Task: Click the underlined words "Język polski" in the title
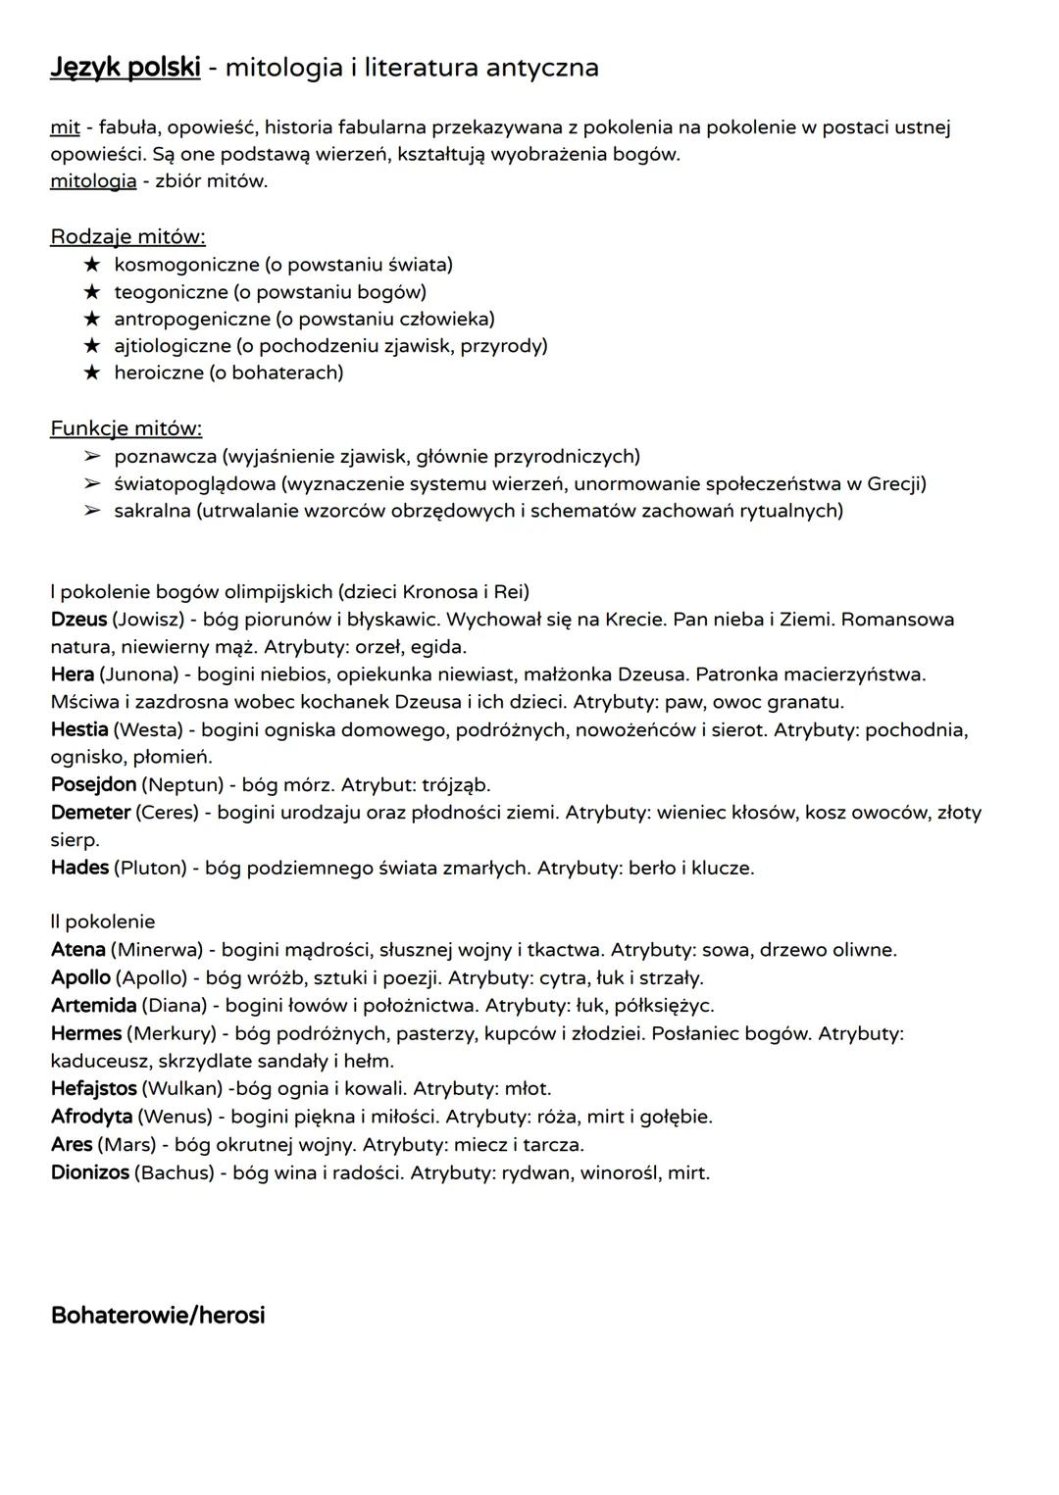click(x=125, y=68)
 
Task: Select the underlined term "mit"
click(x=65, y=127)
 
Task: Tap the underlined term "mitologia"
click(x=93, y=181)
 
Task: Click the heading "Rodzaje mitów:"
click(x=127, y=237)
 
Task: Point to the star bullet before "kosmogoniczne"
click(x=92, y=265)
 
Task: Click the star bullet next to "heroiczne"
click(x=92, y=373)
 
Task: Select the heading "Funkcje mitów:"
click(x=126, y=428)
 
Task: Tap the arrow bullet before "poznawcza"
click(x=92, y=457)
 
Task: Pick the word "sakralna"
click(x=152, y=511)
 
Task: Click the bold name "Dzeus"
click(x=78, y=620)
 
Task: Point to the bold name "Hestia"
click(x=79, y=730)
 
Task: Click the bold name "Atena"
click(x=78, y=950)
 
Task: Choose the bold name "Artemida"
click(x=93, y=1006)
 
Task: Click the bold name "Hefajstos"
click(x=93, y=1089)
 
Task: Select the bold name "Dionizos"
click(x=89, y=1172)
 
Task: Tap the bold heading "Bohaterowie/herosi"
click(x=158, y=1316)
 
